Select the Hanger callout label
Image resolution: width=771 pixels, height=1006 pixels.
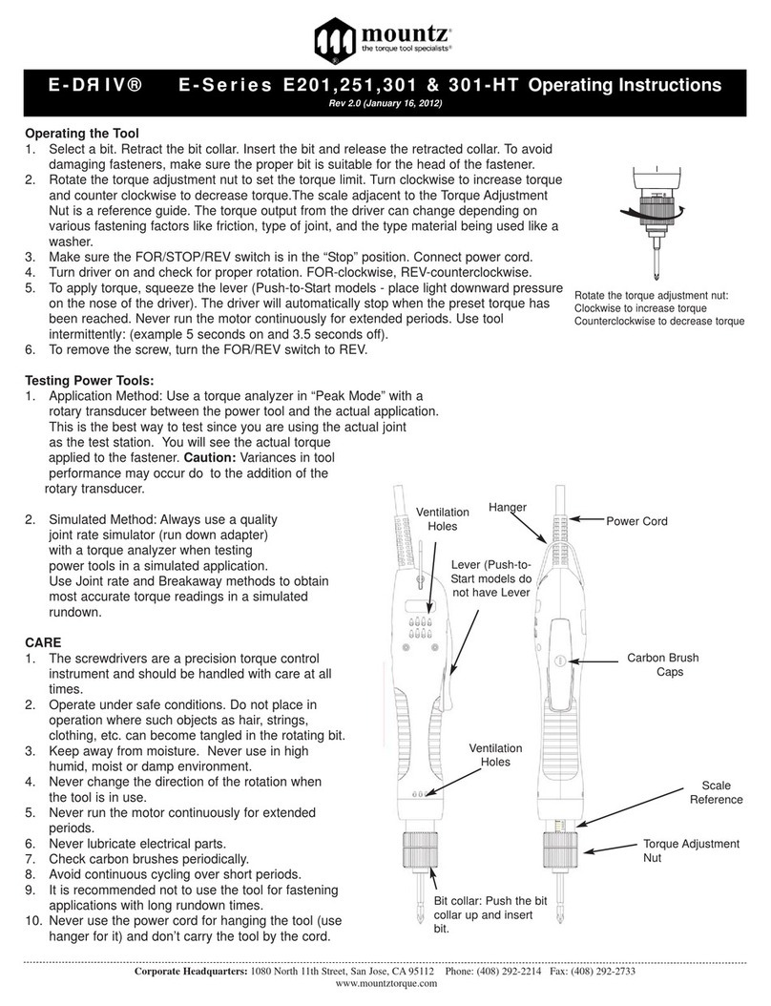point(508,509)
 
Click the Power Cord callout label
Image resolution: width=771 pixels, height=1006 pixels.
point(636,521)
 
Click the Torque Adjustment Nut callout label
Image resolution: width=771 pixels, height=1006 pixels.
point(691,850)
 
